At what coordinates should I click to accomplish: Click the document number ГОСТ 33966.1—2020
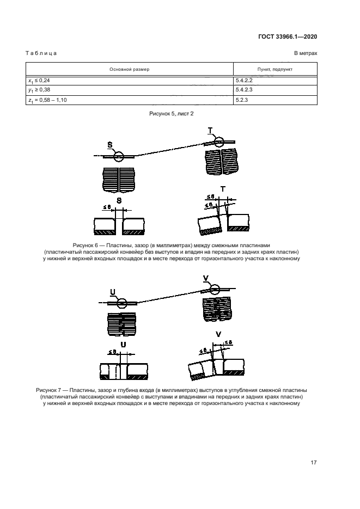287,37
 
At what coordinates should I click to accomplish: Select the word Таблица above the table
41,53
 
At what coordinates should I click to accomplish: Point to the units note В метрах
306,53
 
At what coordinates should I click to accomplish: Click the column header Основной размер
130,70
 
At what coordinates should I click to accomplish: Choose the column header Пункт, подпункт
274,70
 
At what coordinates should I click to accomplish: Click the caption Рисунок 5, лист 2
172,114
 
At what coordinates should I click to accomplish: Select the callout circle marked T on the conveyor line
219,142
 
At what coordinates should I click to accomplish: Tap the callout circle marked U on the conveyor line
121,303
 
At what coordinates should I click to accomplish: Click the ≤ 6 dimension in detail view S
107,207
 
